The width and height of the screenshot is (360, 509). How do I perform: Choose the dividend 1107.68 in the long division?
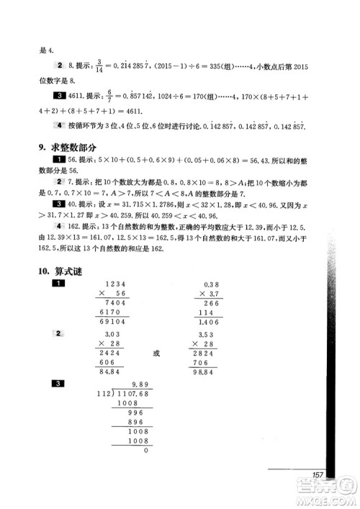(130, 395)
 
